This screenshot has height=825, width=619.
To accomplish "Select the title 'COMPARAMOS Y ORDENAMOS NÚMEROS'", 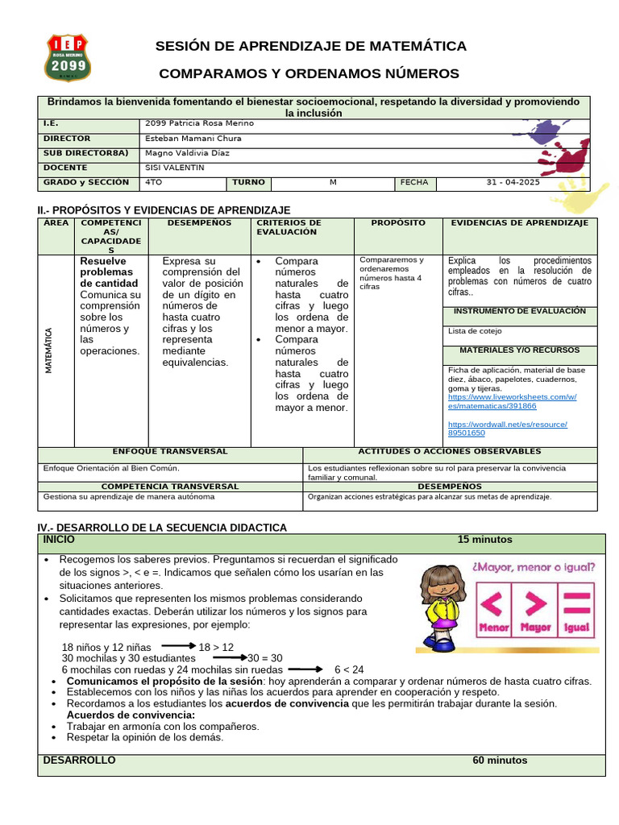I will click(309, 74).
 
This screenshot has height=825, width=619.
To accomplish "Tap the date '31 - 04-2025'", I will click(516, 183).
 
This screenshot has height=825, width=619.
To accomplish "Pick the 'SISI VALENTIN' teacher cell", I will click(175, 168).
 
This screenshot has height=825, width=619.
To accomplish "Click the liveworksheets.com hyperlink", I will click(512, 401).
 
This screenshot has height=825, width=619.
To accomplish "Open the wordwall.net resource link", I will click(507, 429).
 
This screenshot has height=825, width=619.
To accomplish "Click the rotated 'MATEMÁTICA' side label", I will click(49, 350).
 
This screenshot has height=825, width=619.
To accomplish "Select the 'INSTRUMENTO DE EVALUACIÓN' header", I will click(520, 311).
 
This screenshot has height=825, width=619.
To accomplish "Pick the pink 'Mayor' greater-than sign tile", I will click(536, 611).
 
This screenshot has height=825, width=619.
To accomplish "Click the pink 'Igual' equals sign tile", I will click(576, 611).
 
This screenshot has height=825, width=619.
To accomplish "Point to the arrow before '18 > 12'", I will click(178, 646).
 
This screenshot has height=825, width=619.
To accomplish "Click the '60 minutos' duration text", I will click(500, 761).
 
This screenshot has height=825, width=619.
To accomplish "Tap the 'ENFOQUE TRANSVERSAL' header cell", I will click(170, 452).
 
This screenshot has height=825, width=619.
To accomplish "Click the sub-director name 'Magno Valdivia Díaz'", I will click(188, 153).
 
